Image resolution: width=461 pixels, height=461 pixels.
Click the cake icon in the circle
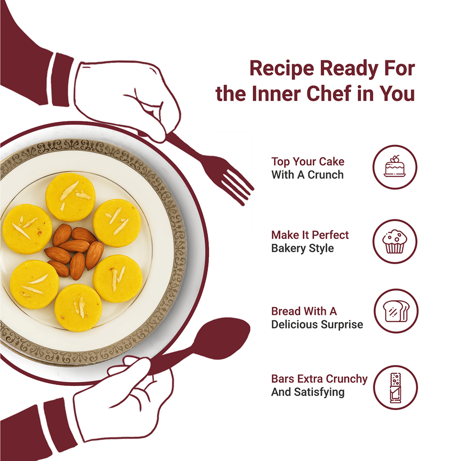395,166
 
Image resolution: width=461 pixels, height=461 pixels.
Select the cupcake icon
395,242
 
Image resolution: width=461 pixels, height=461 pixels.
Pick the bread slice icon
396,311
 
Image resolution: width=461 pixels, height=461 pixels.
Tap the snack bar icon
396,388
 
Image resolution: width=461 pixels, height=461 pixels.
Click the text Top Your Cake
308,161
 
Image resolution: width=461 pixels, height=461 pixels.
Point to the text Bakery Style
302,248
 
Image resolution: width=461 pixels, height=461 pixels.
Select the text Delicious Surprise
317,324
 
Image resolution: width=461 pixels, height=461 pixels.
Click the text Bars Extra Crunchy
319,378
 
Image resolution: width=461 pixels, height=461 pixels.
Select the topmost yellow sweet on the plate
71,197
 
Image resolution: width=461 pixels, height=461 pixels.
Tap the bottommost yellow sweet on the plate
78,307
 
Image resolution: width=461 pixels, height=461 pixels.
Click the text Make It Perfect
310,235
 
